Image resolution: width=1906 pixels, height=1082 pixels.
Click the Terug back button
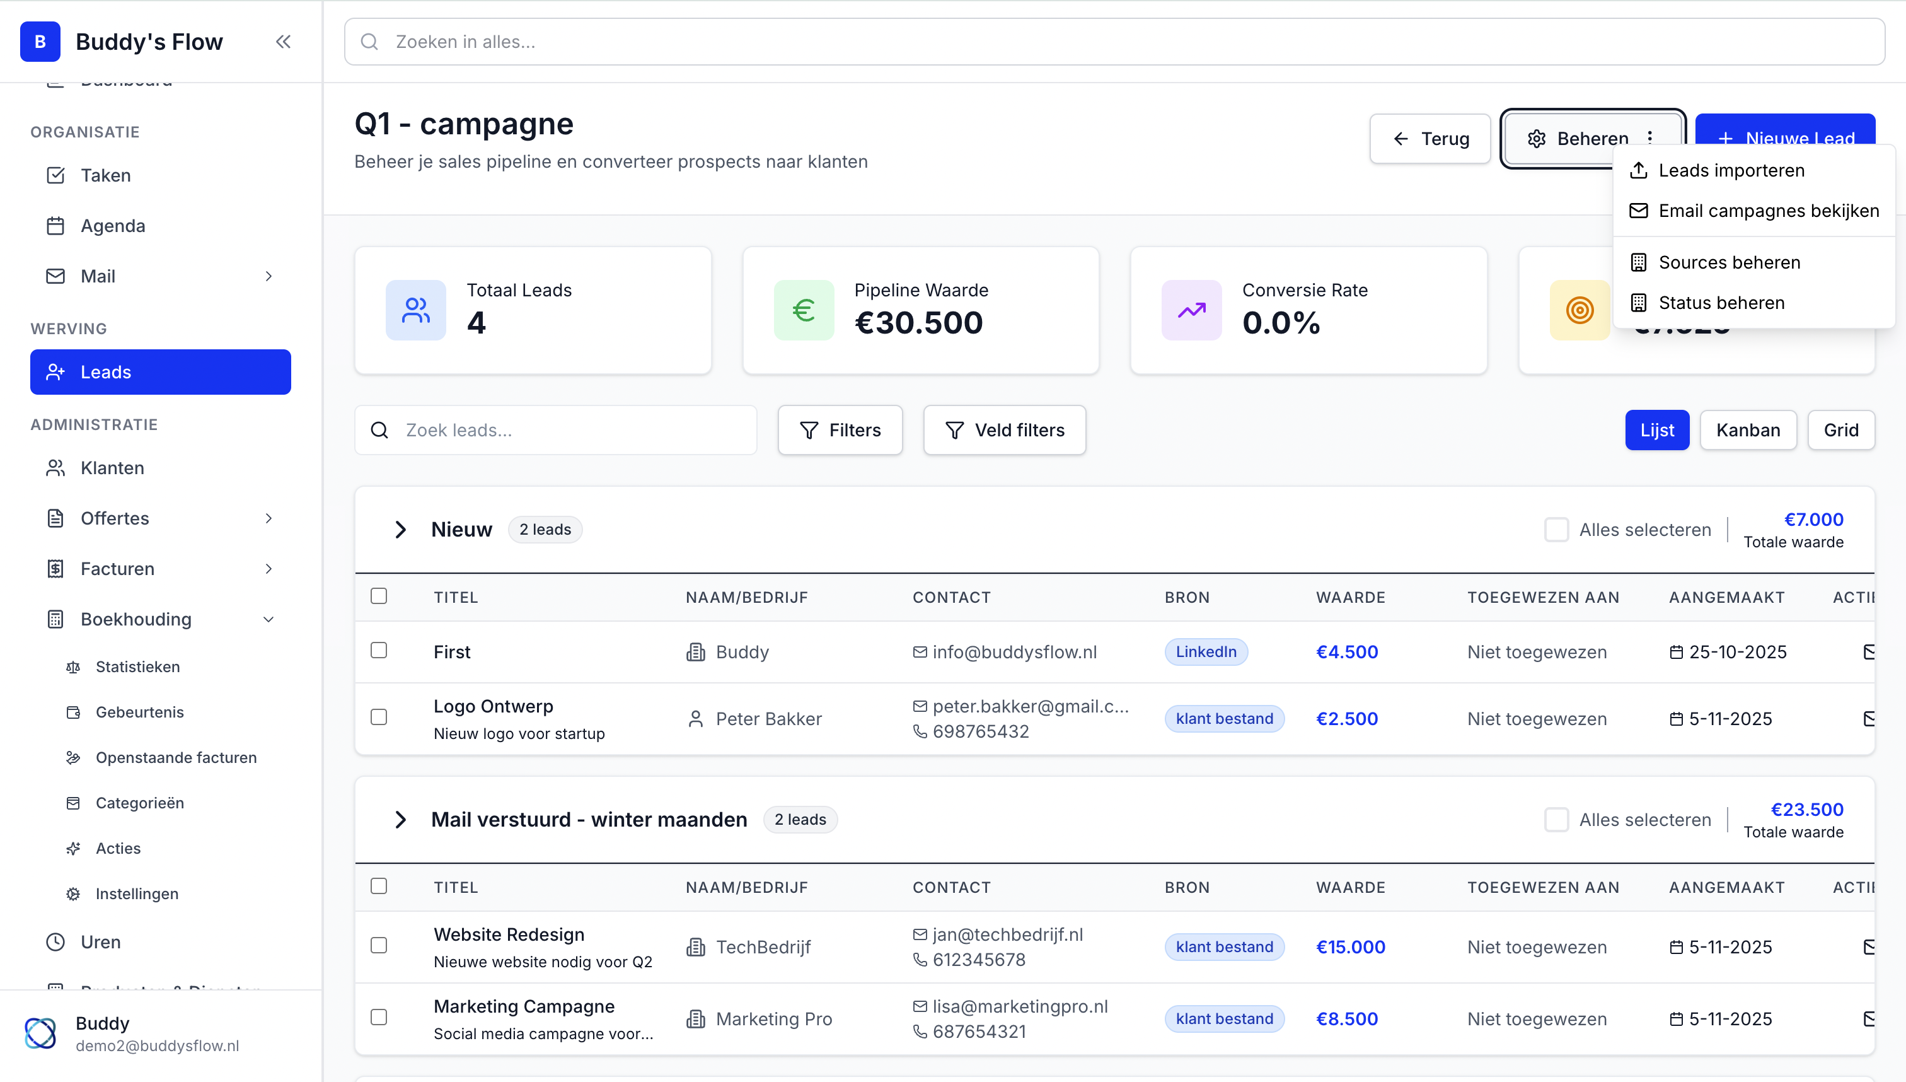pos(1430,139)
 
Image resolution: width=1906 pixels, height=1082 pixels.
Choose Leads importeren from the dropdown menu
pos(1731,170)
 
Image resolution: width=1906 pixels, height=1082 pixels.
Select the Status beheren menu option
pos(1721,303)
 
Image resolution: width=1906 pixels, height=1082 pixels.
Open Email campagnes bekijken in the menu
pos(1768,211)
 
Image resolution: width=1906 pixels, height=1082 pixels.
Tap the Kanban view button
pos(1747,430)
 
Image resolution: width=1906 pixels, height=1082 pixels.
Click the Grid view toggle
pos(1840,430)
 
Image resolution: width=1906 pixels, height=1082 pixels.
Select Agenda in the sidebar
pos(113,226)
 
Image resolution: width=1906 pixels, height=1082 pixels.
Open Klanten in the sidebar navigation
pos(112,468)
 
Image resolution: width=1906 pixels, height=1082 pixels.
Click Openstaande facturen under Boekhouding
pos(176,757)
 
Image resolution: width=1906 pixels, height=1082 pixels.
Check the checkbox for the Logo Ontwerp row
pos(379,717)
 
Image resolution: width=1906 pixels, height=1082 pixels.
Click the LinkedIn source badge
pos(1206,652)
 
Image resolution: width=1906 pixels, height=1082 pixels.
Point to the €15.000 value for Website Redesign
pos(1349,947)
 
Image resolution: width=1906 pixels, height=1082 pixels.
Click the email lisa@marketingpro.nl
pos(1019,1006)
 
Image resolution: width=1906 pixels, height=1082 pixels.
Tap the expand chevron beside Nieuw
pos(400,530)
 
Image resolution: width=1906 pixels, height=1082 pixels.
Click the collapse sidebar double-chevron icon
pos(283,42)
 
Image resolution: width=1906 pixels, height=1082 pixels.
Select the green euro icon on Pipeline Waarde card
pos(804,310)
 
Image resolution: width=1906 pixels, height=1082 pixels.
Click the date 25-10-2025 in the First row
pos(1736,652)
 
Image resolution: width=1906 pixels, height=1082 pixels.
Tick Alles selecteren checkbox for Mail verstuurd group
pos(1556,820)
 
